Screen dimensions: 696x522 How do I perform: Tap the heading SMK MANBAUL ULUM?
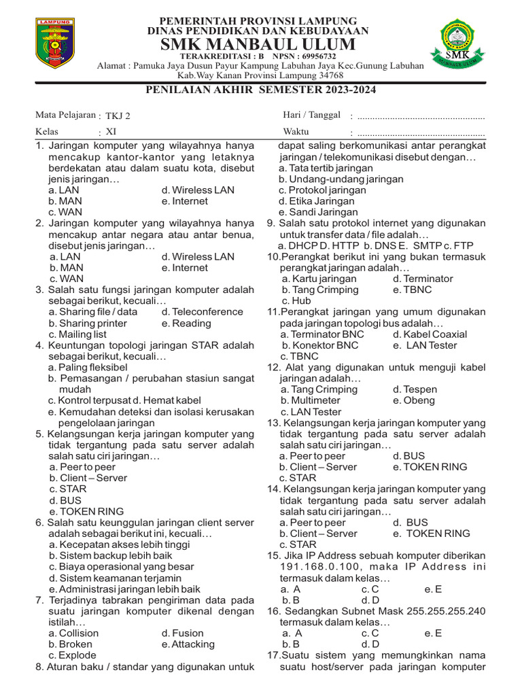(258, 44)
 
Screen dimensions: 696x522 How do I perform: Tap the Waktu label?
(296, 131)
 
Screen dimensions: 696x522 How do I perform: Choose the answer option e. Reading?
(186, 324)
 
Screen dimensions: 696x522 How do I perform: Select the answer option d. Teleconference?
(202, 312)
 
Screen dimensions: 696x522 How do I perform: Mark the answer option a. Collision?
(73, 633)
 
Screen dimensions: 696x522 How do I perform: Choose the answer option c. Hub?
(296, 300)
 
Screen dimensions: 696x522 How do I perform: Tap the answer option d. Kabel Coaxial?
(430, 334)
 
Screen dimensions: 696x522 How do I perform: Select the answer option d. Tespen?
(415, 389)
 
